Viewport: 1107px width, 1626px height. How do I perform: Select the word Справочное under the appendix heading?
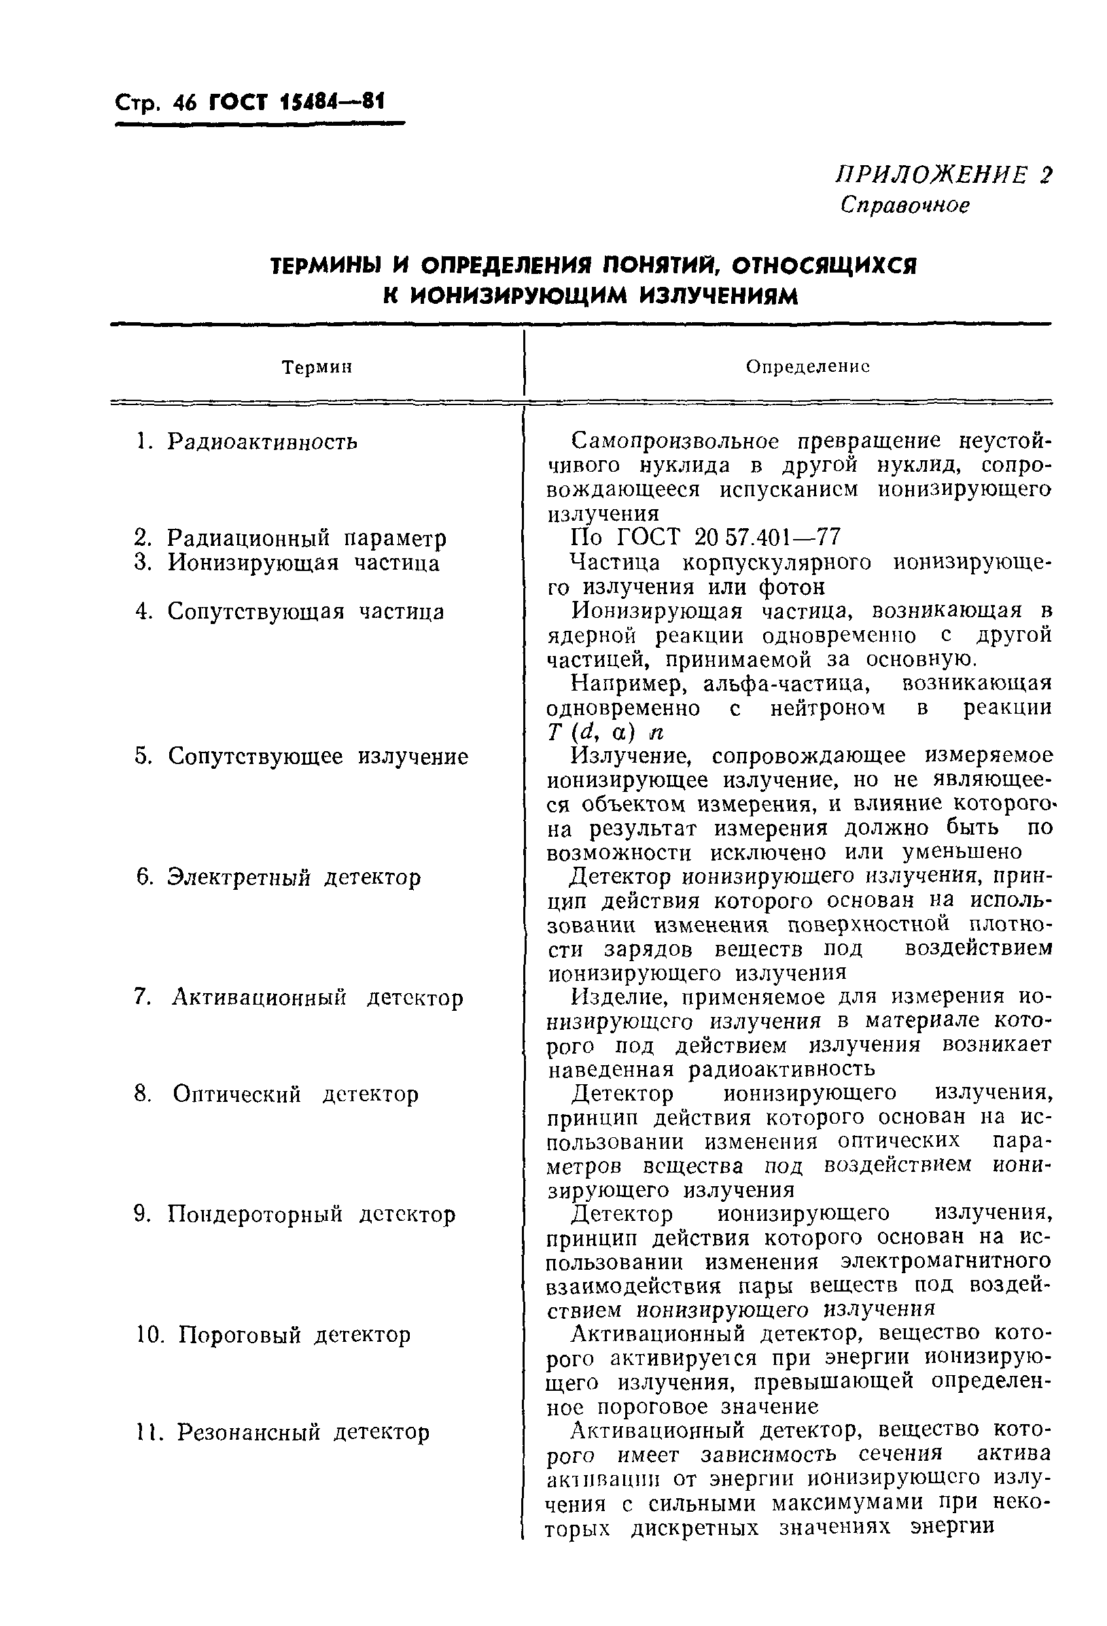pos(905,205)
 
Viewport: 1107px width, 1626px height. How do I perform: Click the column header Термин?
pos(317,367)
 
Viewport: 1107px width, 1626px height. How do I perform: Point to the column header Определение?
pos(807,367)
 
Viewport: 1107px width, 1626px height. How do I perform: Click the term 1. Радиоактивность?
pos(246,442)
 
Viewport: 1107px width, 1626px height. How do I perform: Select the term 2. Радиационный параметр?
pos(289,539)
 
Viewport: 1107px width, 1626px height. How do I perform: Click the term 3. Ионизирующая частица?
pos(287,564)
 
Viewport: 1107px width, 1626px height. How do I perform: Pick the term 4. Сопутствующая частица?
pos(289,612)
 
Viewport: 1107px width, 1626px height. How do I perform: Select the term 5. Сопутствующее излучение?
pos(300,757)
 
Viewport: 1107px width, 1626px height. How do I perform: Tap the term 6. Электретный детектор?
pos(279,878)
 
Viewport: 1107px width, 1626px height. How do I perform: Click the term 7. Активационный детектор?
pos(298,998)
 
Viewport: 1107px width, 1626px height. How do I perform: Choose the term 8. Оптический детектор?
pos(276,1094)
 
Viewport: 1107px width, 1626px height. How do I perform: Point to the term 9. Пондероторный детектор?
pos(294,1215)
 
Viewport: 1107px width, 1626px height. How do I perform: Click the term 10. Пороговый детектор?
pos(273,1335)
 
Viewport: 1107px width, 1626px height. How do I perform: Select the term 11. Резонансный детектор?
pos(282,1432)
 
